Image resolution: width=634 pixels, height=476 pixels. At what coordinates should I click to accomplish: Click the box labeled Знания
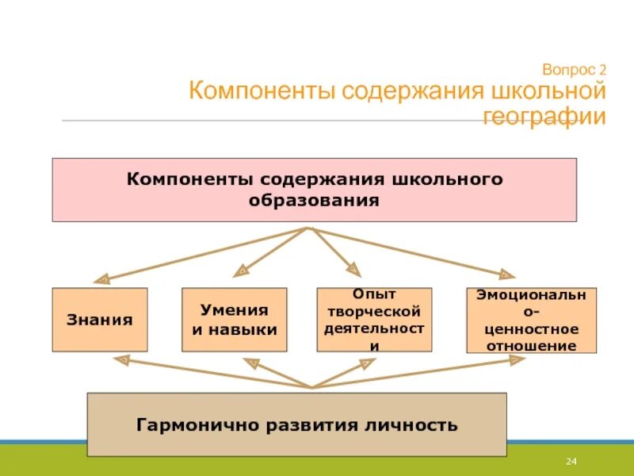coord(100,320)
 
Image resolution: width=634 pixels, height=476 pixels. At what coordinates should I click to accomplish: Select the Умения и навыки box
coord(235,320)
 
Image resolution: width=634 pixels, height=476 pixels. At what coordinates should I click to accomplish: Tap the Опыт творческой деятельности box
coord(375,320)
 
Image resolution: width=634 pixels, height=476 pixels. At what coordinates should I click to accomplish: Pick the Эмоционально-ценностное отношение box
coord(531,320)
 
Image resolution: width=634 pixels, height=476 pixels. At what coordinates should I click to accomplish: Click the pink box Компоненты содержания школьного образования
coord(315,190)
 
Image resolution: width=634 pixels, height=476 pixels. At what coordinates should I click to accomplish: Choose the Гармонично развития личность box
coord(296,424)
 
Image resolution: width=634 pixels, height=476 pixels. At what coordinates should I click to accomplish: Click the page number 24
coord(570,462)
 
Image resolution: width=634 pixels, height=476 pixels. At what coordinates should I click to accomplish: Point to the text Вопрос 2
coord(575,69)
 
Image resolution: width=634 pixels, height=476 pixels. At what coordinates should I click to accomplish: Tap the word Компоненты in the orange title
coord(262,90)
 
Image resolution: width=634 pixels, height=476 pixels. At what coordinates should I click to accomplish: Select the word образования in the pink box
coord(315,200)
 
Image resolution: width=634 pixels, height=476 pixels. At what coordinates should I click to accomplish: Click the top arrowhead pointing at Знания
coord(101,279)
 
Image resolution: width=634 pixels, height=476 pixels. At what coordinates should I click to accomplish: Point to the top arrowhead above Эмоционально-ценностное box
coord(506,274)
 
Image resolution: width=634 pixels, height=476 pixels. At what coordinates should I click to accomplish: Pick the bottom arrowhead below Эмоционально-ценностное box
coord(517,359)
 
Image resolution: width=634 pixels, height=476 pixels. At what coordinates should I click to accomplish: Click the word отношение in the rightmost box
coord(531,346)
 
